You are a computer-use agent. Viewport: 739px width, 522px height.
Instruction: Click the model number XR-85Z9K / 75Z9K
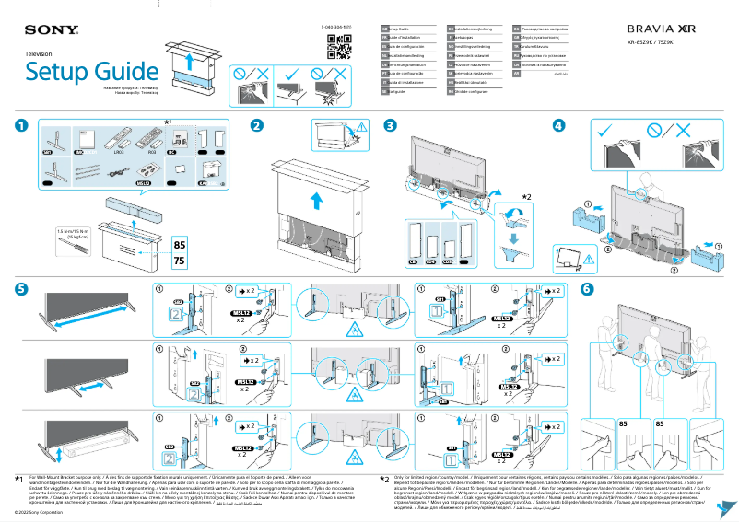(657, 42)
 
